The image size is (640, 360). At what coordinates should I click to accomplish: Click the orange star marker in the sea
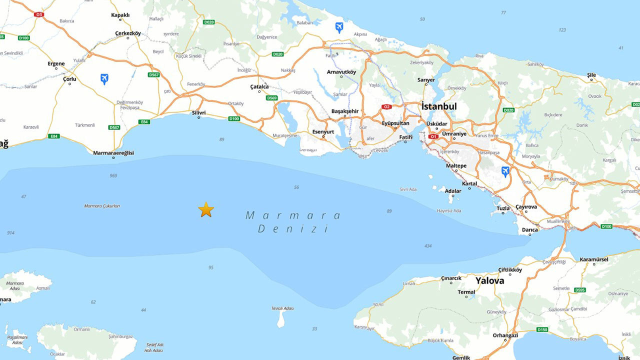tap(206, 209)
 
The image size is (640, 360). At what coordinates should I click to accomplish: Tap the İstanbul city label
tap(439, 106)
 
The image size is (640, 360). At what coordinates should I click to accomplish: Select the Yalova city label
tap(489, 280)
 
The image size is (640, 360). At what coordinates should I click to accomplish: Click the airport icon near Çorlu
tap(104, 78)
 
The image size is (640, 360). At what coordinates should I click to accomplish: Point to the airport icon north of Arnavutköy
tap(339, 27)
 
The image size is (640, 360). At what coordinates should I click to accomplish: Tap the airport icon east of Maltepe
tap(505, 171)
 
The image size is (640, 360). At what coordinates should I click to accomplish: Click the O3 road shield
tap(39, 14)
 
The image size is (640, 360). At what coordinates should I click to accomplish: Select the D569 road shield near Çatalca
tap(271, 98)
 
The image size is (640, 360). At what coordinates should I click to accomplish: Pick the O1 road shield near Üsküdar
tap(433, 136)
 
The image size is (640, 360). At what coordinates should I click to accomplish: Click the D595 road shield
tap(580, 290)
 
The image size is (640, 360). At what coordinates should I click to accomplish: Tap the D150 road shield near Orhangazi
tap(542, 329)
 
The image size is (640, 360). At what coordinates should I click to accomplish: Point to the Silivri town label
tap(199, 113)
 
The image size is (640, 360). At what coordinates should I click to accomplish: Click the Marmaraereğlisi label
tap(113, 153)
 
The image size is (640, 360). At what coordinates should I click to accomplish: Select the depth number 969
tap(113, 175)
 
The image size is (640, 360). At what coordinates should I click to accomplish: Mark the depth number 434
tap(428, 246)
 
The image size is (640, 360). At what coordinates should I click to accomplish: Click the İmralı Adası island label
tap(282, 308)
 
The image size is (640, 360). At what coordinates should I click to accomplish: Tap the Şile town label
tap(591, 75)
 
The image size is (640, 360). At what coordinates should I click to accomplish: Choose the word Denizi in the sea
tap(293, 229)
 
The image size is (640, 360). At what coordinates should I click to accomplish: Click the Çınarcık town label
tap(451, 278)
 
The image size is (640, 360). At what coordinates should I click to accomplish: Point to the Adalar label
tap(453, 191)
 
